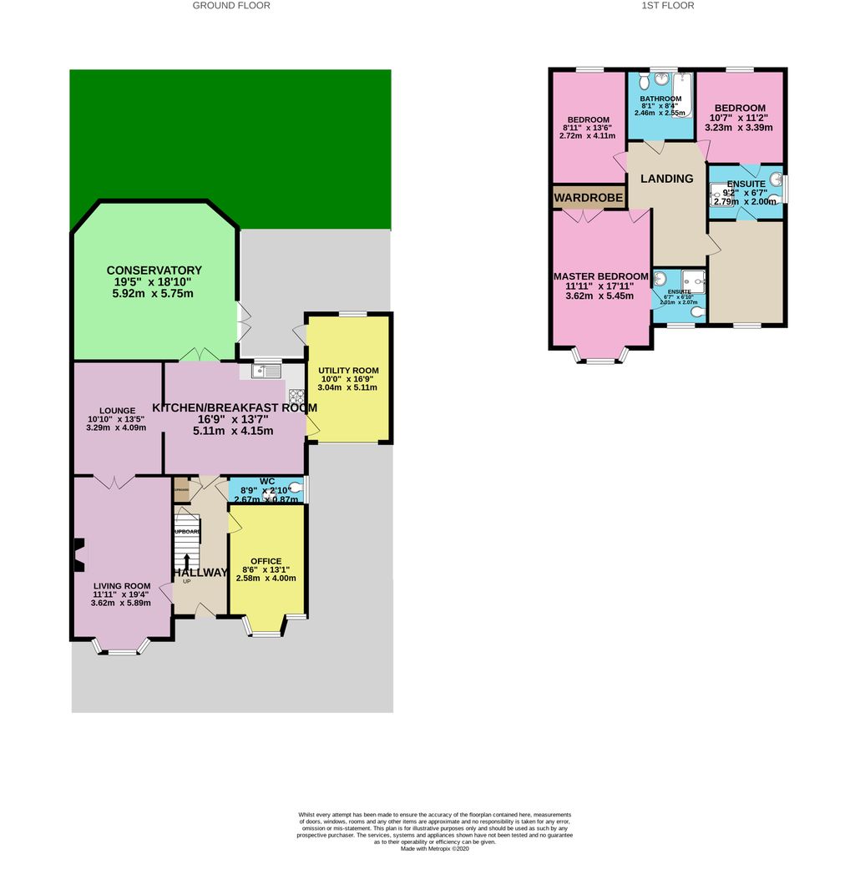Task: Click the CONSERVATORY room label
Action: (x=154, y=270)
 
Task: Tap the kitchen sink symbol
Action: (x=267, y=371)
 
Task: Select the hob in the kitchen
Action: (x=296, y=396)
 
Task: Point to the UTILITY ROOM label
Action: (x=349, y=370)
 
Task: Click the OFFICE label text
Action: (x=266, y=561)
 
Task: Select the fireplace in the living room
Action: (x=78, y=555)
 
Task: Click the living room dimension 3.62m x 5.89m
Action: (x=120, y=603)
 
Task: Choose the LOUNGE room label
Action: (x=117, y=410)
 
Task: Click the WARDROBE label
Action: (x=588, y=198)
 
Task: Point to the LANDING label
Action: (x=666, y=179)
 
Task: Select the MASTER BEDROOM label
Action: (x=600, y=276)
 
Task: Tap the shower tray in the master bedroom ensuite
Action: (x=692, y=280)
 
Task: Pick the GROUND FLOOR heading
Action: (x=231, y=5)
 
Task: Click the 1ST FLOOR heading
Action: (x=667, y=5)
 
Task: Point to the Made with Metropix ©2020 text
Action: (x=435, y=849)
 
